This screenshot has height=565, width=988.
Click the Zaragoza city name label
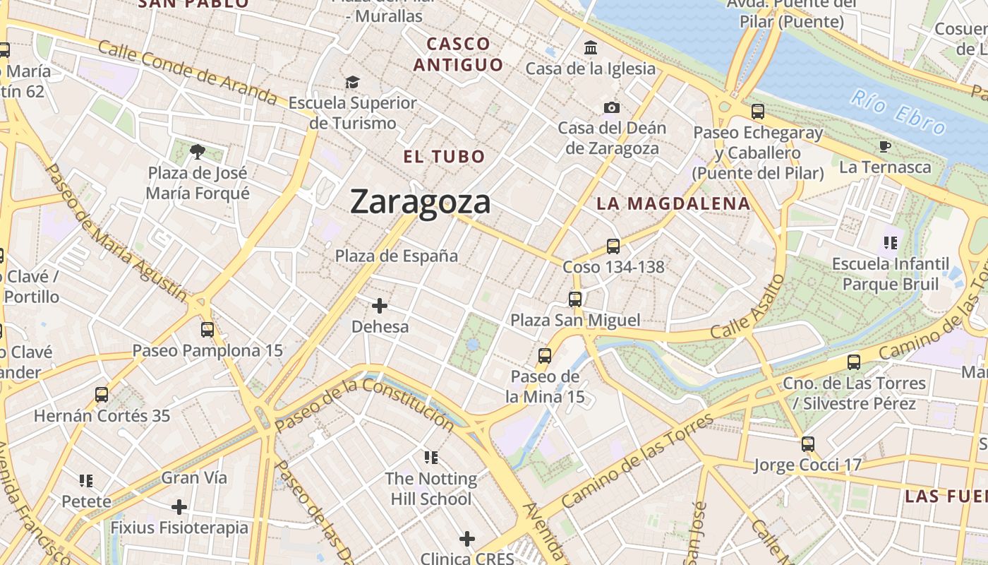(420, 202)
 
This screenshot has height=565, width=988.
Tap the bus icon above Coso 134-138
(613, 246)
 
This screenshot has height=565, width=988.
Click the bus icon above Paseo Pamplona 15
(207, 329)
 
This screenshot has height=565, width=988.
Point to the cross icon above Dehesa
(380, 306)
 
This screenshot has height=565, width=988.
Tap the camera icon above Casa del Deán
(612, 107)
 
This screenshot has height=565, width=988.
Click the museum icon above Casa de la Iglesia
(590, 48)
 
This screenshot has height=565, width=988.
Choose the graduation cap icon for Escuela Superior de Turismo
(352, 83)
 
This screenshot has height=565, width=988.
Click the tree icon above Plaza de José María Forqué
(198, 151)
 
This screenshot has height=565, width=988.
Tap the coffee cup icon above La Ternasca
(884, 147)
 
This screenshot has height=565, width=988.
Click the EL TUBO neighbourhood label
(445, 157)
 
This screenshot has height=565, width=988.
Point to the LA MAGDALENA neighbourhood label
(673, 204)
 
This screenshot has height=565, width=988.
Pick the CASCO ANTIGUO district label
(459, 54)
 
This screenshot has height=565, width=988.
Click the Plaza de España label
(397, 256)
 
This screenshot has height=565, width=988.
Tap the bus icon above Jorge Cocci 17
(808, 444)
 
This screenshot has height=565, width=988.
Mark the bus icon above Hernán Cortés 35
(102, 395)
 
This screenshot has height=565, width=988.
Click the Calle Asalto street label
(748, 307)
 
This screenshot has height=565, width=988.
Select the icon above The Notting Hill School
(431, 458)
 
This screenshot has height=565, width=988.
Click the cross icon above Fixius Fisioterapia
(179, 507)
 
